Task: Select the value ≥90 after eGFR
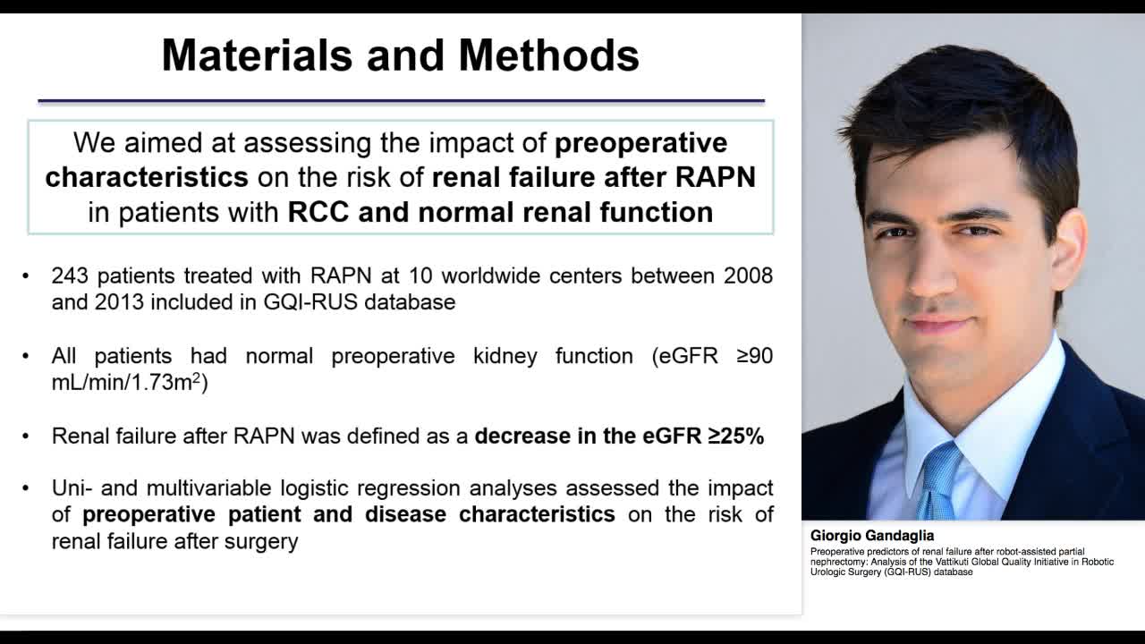[x=754, y=356]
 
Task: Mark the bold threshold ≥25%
[x=735, y=436]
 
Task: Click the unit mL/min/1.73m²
[x=129, y=383]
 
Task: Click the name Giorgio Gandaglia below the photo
[x=871, y=536]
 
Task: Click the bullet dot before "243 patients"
[x=26, y=276]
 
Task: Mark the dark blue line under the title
[x=401, y=101]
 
